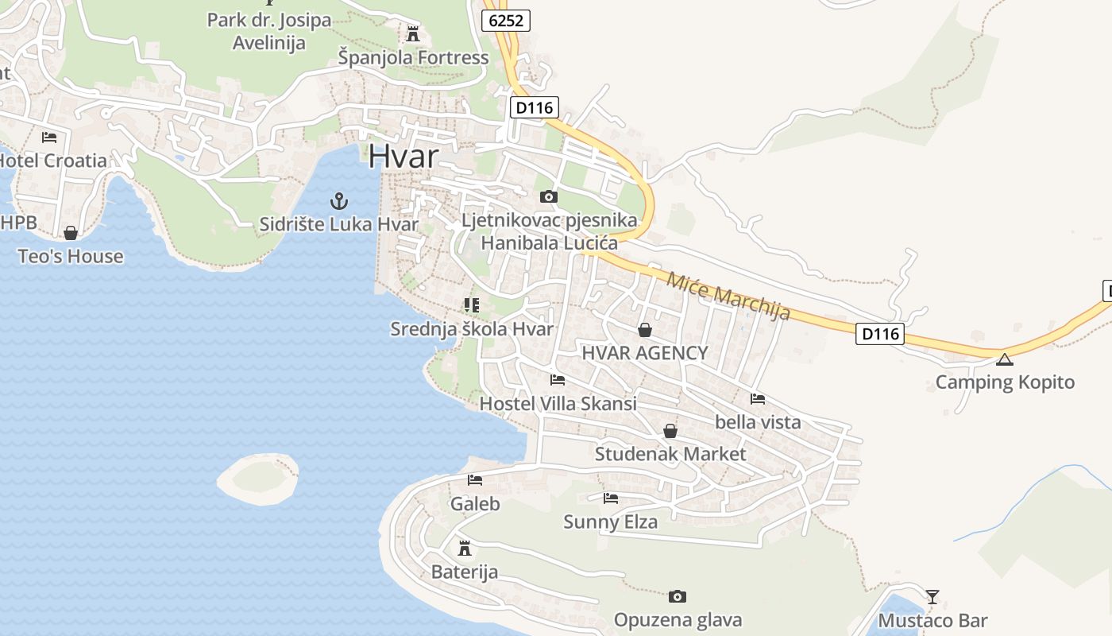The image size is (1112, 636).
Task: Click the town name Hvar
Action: [403, 156]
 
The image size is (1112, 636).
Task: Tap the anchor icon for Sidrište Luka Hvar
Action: [339, 201]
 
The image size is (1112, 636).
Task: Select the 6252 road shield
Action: [506, 21]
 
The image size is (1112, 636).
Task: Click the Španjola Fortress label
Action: [413, 57]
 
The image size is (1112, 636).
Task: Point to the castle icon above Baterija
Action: [465, 548]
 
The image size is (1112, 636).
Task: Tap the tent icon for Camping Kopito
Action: [1005, 359]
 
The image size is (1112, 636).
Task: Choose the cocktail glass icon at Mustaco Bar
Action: [932, 596]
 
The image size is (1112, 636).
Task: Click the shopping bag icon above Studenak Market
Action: [670, 431]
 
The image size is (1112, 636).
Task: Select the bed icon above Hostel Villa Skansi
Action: [558, 380]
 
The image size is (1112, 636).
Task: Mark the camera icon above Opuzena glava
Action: [678, 596]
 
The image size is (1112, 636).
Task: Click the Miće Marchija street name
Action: [728, 296]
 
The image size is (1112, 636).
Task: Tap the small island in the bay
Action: [258, 477]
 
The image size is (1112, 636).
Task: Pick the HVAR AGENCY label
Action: [645, 353]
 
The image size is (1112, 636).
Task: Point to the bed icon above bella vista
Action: [758, 398]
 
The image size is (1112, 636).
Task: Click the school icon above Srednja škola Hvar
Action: [472, 304]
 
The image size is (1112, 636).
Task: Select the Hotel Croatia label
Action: [52, 161]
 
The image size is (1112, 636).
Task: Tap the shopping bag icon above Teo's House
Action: [71, 233]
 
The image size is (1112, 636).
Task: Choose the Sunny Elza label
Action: [610, 522]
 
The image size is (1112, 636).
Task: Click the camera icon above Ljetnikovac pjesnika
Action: [548, 196]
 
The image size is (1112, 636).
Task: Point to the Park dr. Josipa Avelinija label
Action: [269, 31]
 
